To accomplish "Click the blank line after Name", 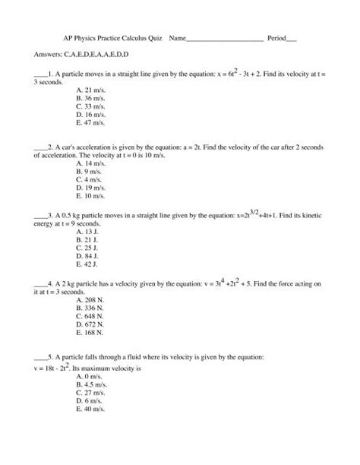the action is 225,36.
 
